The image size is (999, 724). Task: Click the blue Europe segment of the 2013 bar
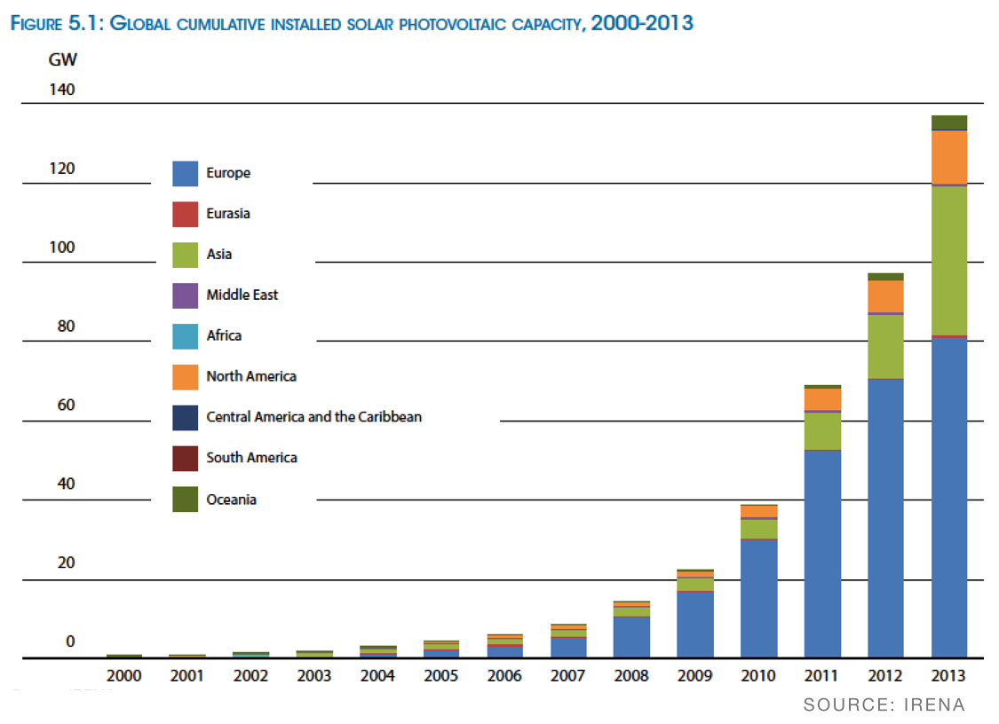[x=948, y=497]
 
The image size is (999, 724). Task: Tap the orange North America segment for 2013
[x=948, y=157]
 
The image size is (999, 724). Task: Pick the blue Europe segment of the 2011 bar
[x=822, y=554]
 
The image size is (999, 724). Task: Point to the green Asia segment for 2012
[x=885, y=346]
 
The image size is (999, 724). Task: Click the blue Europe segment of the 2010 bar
[x=758, y=598]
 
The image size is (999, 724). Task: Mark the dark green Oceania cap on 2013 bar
[x=948, y=122]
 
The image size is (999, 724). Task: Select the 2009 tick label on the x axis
[x=694, y=676]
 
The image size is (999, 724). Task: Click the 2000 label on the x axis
[x=123, y=676]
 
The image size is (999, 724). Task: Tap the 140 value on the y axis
[x=62, y=90]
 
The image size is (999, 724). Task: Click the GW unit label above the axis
[x=63, y=61]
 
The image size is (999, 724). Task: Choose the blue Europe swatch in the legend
[x=185, y=173]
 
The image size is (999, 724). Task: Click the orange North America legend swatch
[x=185, y=376]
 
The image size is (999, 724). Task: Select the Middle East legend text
[x=242, y=295]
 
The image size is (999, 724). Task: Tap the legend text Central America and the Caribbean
[x=313, y=416]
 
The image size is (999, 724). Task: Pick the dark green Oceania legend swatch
[x=185, y=500]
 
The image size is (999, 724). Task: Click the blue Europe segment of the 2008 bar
[x=631, y=636]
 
